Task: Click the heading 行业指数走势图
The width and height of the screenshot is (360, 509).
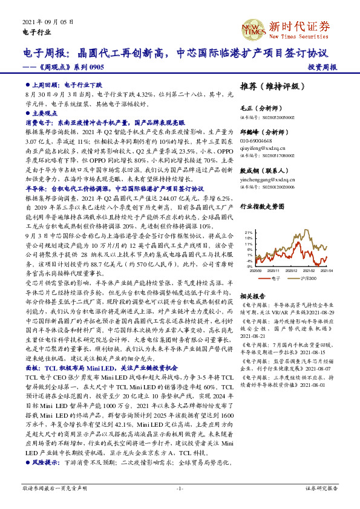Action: [x=261, y=206]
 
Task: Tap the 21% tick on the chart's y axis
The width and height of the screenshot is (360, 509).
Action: [x=248, y=232]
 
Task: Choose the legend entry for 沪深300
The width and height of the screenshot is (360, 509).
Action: [x=307, y=278]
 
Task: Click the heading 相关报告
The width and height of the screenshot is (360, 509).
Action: [x=250, y=296]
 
